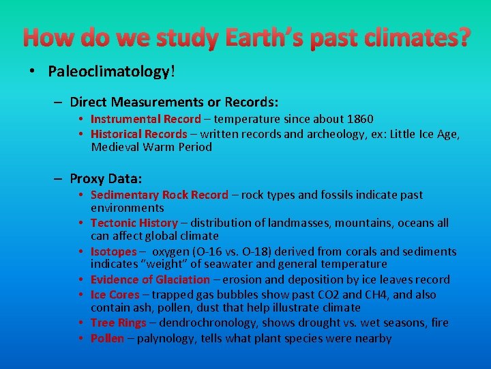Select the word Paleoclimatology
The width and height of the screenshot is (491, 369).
click(108, 72)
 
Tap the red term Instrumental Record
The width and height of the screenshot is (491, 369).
click(146, 119)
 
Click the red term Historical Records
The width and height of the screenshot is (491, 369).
click(139, 134)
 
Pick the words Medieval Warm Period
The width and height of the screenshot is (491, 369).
click(151, 147)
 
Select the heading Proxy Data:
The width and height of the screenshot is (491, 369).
click(106, 178)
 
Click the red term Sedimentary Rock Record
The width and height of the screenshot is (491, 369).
click(160, 195)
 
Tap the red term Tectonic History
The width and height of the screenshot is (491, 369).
click(134, 223)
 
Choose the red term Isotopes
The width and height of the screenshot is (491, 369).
click(114, 251)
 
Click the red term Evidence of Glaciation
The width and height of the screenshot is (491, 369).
click(150, 279)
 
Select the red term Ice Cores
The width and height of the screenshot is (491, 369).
click(115, 295)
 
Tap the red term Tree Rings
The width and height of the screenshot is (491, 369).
click(117, 323)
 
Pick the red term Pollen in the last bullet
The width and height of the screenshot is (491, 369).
click(107, 338)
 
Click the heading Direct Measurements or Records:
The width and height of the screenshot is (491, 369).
click(174, 102)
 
